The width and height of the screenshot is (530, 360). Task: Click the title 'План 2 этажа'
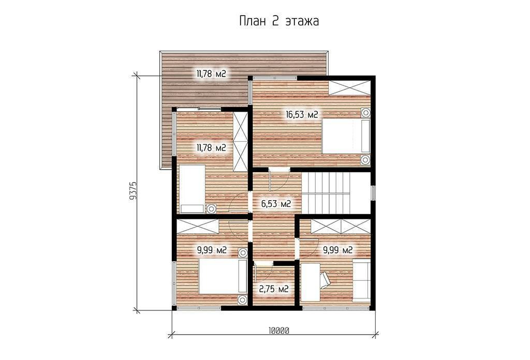tap(279, 21)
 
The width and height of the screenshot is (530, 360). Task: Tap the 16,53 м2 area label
tap(302, 115)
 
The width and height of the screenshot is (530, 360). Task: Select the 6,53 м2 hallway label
tap(276, 204)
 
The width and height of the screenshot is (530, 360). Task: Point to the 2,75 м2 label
tap(273, 290)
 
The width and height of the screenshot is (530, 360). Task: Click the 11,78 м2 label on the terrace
tap(211, 73)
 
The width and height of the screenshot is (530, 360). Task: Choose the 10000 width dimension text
tap(279, 331)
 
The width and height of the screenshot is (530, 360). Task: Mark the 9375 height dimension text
tap(133, 191)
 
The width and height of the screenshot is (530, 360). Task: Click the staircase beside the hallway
tap(326, 193)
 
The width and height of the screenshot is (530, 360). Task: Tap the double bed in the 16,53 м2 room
tap(345, 136)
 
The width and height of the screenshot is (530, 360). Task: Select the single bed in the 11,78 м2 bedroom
tap(192, 188)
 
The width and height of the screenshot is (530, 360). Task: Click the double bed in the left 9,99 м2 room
tap(222, 276)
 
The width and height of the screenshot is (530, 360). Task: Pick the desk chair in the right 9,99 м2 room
tap(325, 281)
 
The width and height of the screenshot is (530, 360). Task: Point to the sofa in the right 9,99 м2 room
tap(362, 280)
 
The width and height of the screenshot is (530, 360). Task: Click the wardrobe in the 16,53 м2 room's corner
tap(350, 88)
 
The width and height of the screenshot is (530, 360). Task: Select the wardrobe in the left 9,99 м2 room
tap(198, 226)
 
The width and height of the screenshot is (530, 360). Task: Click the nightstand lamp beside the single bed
tap(212, 209)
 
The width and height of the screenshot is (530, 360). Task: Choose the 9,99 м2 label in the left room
tap(212, 250)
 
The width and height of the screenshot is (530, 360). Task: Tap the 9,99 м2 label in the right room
tap(338, 250)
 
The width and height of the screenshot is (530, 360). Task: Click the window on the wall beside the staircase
tap(373, 193)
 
